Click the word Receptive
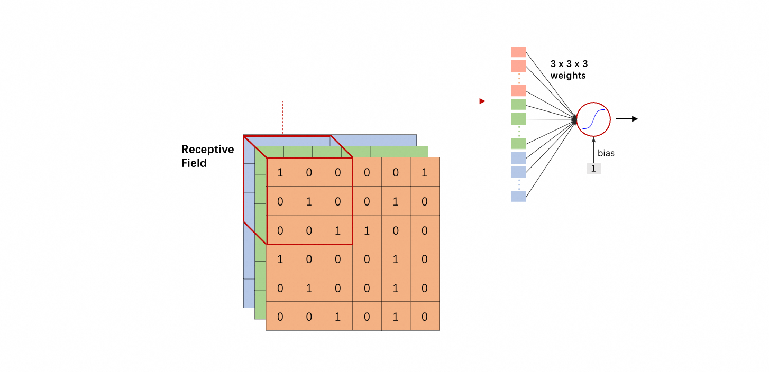click(207, 150)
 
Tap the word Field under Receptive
click(194, 163)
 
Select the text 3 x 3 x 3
click(569, 64)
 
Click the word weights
click(567, 76)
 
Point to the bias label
click(606, 153)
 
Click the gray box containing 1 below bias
click(593, 169)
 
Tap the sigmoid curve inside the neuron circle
click(593, 119)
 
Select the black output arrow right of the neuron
click(627, 119)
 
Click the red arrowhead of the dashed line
click(482, 101)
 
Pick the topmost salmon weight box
click(518, 52)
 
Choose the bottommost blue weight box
click(518, 197)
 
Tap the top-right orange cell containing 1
click(424, 172)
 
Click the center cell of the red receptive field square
click(309, 201)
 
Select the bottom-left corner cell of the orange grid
click(280, 316)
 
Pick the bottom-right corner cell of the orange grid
click(424, 316)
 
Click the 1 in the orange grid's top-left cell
click(280, 172)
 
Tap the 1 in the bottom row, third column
click(337, 316)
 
